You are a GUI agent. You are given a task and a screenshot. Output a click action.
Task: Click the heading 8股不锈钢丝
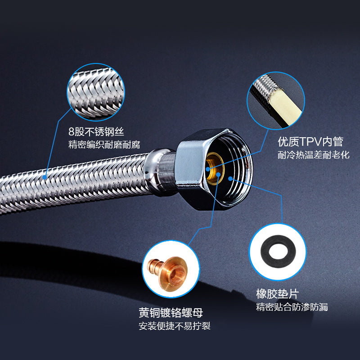pos(96,131)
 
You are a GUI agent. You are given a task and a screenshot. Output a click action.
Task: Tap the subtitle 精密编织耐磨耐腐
pos(104,144)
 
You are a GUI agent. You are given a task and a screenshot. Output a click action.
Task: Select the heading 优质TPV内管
pos(310,141)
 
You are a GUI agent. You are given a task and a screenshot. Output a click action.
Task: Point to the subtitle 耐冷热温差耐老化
pos(314,155)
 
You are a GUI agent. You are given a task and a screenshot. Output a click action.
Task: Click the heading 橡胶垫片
pos(278,294)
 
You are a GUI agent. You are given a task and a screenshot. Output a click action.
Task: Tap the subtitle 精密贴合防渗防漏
pos(292,307)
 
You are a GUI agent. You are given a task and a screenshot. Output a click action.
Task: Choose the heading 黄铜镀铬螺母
pos(171,312)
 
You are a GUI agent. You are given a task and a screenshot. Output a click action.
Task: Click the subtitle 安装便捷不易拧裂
pos(175,326)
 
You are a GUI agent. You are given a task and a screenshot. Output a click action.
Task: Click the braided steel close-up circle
pos(96,92)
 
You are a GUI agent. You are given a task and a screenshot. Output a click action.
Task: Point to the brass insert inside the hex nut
pos(215,169)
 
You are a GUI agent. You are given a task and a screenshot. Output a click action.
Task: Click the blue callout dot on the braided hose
pos(45,177)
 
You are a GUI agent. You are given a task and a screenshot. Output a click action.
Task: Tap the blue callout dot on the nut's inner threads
pos(230,178)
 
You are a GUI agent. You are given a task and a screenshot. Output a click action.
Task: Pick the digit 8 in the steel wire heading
pos(72,132)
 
